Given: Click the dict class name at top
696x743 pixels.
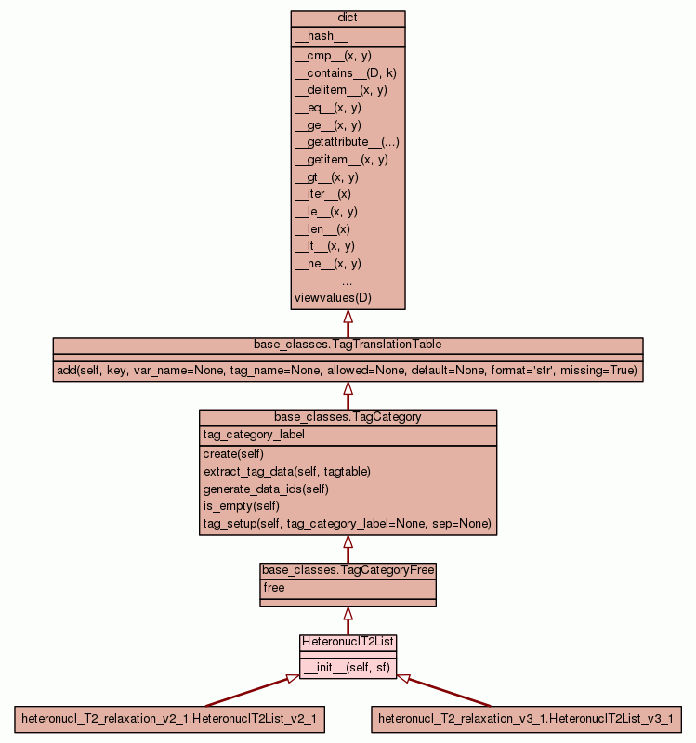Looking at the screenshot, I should [x=348, y=19].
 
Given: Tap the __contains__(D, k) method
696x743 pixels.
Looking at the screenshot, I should [x=346, y=72].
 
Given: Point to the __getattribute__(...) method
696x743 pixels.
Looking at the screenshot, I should [x=347, y=142].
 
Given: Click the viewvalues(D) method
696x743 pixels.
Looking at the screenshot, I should [x=333, y=298].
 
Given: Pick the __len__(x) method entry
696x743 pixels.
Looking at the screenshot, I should [x=322, y=228].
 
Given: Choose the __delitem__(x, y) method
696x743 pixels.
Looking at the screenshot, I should [x=340, y=90].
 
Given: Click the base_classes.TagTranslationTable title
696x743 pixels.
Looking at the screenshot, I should [x=348, y=345].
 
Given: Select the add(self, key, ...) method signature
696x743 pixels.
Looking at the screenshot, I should [x=348, y=370].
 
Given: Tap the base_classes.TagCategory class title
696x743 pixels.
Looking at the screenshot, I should [x=348, y=417].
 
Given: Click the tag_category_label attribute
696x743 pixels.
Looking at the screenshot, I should [x=254, y=435].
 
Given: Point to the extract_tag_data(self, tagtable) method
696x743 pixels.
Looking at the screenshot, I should [x=287, y=472].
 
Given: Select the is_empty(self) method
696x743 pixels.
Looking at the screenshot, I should [x=242, y=506].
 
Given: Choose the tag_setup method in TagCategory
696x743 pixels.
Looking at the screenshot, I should [x=347, y=524].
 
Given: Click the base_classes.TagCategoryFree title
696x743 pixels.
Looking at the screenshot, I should [x=348, y=570].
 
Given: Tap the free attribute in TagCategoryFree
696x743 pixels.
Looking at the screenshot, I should [x=274, y=588].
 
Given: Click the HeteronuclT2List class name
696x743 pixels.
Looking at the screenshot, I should [x=348, y=642].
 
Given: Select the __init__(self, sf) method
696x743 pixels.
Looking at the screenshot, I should [x=347, y=668].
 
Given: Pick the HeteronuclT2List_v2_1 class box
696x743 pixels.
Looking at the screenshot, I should [x=169, y=719].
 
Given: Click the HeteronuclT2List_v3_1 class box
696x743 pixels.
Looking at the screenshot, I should [x=525, y=719].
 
